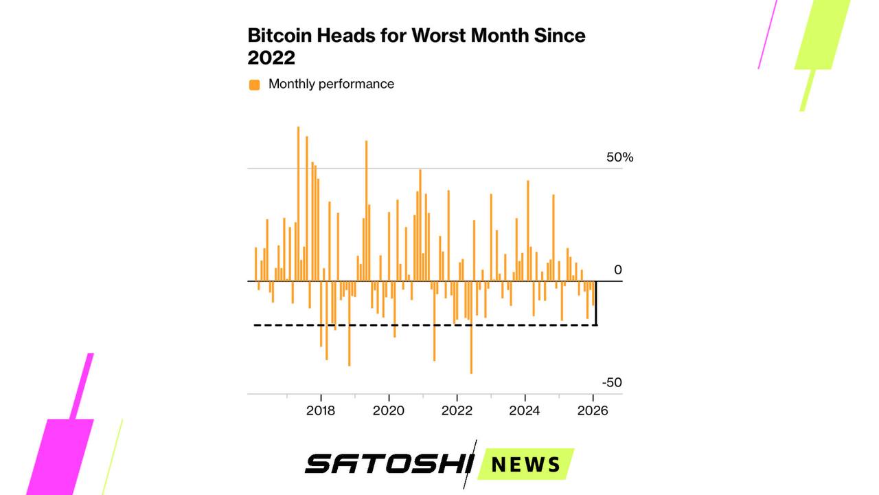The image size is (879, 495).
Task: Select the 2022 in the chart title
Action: [271, 58]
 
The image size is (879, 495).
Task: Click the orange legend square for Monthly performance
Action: [255, 85]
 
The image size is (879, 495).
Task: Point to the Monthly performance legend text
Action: [331, 84]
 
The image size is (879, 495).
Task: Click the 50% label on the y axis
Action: [619, 157]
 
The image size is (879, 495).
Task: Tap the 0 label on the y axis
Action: [617, 270]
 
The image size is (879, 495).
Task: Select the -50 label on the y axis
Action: [612, 383]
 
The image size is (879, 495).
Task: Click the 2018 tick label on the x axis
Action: [321, 411]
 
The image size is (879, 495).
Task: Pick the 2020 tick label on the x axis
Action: [389, 411]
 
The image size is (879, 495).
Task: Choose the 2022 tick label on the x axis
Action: [457, 411]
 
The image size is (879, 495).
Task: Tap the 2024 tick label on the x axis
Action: [525, 411]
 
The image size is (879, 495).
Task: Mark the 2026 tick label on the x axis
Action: [593, 411]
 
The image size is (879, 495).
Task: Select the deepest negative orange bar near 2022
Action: [471, 330]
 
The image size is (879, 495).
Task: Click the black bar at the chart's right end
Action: [596, 302]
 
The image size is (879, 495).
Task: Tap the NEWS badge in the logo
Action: [526, 464]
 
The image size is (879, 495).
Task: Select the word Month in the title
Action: [507, 36]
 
